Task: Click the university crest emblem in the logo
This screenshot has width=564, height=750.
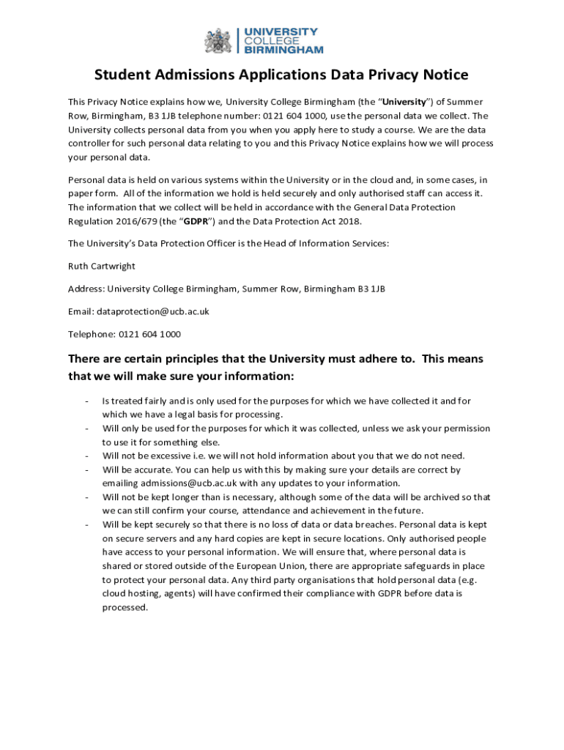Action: tap(218, 40)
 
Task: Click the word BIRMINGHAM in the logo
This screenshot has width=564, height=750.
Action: tap(283, 50)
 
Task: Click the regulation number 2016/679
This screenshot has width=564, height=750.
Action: tap(131, 221)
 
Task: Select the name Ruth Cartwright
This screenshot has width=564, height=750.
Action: tap(102, 266)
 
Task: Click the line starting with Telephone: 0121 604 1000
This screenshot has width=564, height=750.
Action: tap(124, 334)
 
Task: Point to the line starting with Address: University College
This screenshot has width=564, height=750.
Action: tap(226, 289)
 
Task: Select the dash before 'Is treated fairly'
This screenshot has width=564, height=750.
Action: tap(87, 401)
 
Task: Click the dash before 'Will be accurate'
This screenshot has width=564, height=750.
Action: tap(87, 470)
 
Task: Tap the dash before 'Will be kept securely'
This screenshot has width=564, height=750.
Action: tap(87, 525)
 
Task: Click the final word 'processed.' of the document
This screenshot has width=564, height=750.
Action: tap(125, 607)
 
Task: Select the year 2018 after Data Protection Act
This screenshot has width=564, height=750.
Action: tap(346, 221)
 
